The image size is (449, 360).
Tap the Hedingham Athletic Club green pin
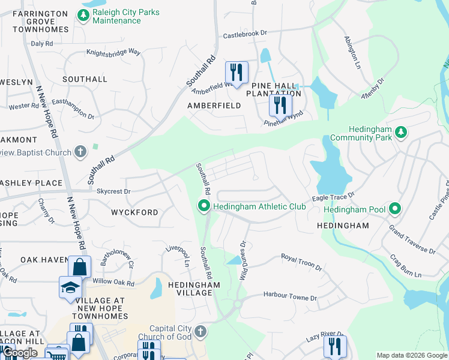[204, 206]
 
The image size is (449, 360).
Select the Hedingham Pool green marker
[395, 209]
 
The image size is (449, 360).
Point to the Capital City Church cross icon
[201, 332]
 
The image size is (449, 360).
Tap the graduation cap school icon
[70, 287]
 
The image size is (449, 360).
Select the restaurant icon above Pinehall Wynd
[280, 106]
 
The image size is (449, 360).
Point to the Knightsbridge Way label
[113, 53]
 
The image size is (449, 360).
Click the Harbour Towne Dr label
[289, 296]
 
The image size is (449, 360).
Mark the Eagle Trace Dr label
[333, 196]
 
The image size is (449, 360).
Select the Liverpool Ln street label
[178, 256]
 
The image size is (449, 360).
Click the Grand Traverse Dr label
[412, 239]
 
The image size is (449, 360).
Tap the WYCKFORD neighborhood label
[135, 212]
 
